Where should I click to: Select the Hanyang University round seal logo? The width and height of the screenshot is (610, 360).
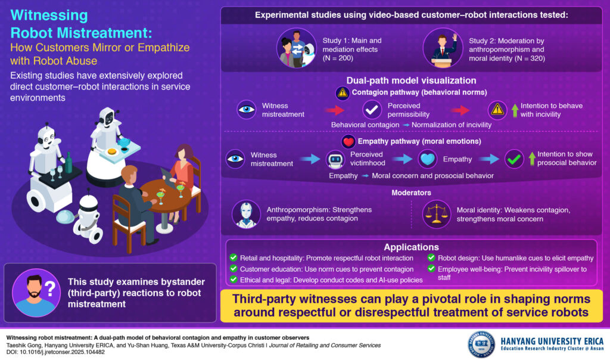(x=481, y=345)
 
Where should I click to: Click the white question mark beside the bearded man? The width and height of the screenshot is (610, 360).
(x=51, y=290)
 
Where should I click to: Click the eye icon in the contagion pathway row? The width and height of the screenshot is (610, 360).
(x=245, y=110)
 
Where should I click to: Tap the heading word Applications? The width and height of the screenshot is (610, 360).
(x=411, y=247)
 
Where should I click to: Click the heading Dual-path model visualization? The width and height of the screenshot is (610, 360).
(x=411, y=80)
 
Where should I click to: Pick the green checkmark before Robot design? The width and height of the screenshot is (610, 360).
(x=431, y=258)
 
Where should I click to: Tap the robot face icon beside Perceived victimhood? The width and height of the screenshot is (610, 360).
(x=336, y=160)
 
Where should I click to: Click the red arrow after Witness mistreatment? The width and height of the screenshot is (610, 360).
(x=335, y=110)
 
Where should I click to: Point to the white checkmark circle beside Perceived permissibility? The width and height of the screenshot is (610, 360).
(x=372, y=110)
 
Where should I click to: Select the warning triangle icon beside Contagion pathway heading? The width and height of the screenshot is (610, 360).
(x=342, y=93)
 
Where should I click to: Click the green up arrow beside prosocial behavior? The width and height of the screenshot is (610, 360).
(x=532, y=159)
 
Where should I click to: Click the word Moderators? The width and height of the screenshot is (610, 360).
(x=411, y=193)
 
